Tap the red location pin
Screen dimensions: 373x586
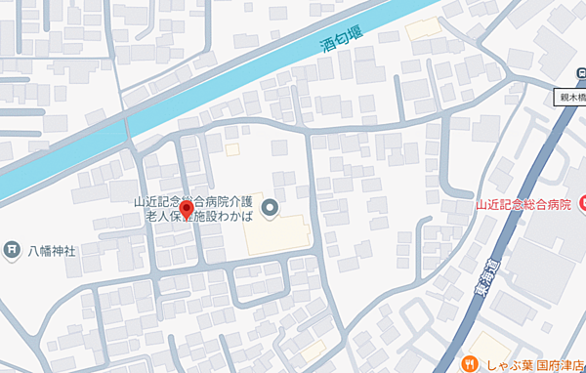tap(187, 214)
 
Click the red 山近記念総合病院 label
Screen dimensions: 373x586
tap(523, 204)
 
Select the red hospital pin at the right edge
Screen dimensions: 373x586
tap(582, 203)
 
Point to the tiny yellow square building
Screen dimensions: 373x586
tap(232, 149)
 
